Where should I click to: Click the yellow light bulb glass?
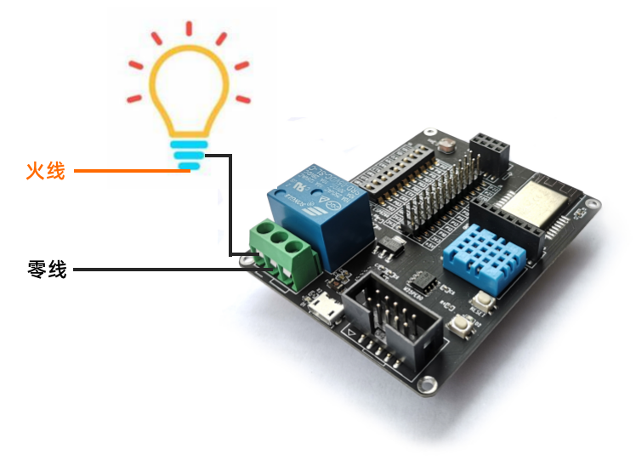[188, 89]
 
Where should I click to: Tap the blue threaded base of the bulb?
[188, 156]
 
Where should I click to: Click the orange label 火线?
[45, 171]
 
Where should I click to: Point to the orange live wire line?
[128, 171]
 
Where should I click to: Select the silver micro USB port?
[323, 309]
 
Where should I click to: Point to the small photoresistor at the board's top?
[446, 145]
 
